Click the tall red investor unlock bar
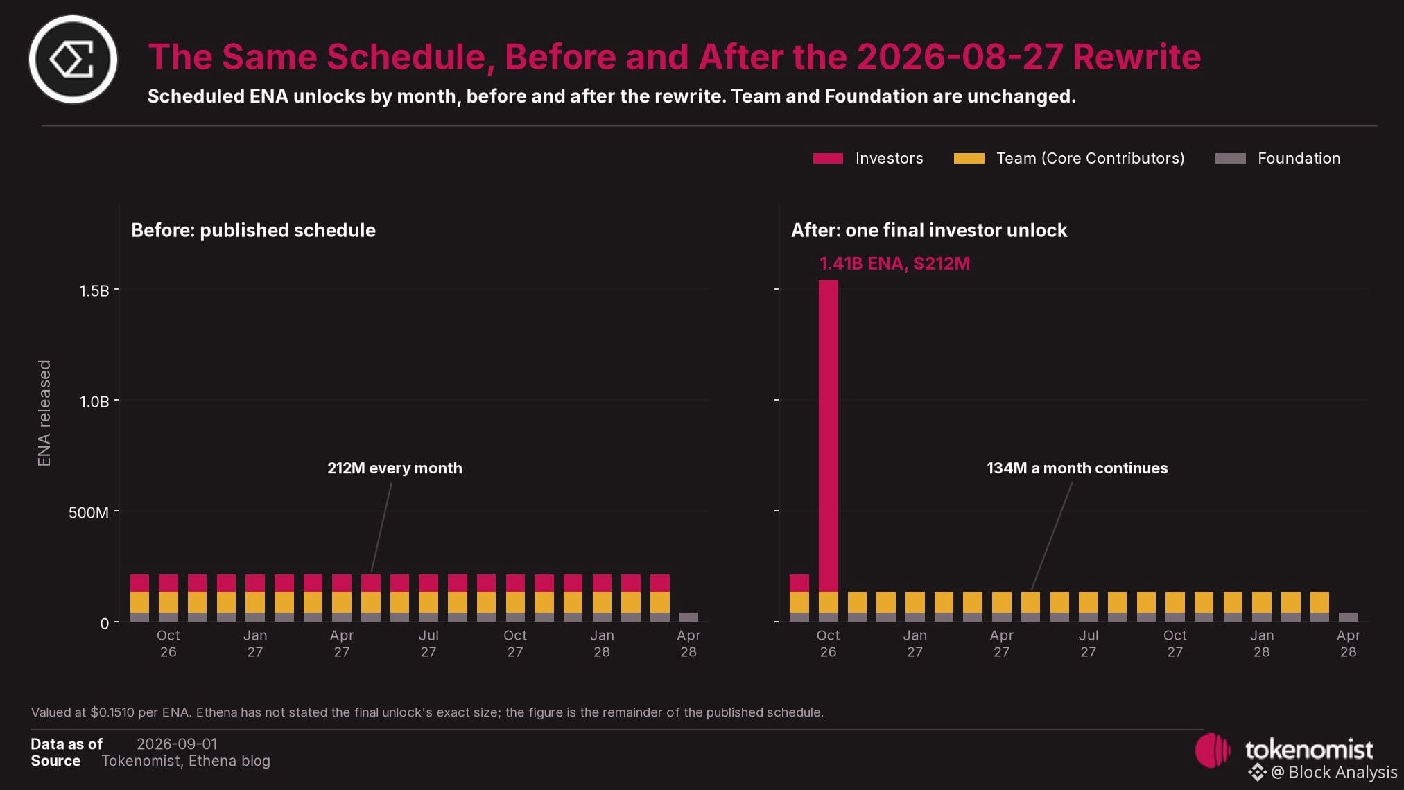828,436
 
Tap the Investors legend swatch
828,159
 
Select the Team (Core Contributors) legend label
1090,159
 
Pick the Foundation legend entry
1278,159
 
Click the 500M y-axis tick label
89,513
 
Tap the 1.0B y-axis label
94,402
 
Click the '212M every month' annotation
395,468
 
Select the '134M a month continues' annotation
1077,468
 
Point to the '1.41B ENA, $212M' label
894,264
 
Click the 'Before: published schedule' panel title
253,231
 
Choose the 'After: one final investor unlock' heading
929,231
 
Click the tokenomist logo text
1308,749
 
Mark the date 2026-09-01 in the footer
177,744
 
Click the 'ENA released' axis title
44,413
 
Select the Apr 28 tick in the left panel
688,644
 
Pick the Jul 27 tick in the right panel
1088,644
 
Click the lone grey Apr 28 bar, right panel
1348,617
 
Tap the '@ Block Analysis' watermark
1323,773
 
